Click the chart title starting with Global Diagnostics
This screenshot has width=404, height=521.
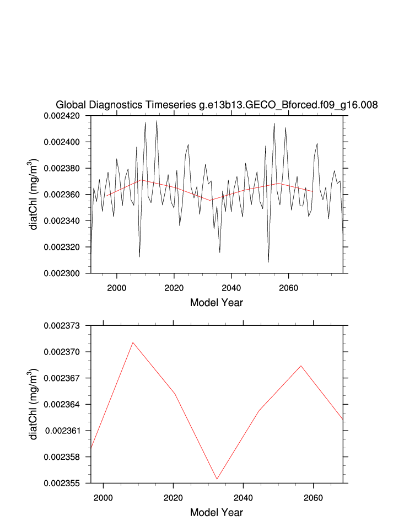tap(217, 105)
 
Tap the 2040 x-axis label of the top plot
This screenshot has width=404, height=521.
tap(230, 286)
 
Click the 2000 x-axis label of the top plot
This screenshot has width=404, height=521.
tap(117, 286)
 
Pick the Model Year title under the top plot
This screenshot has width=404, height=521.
tap(216, 302)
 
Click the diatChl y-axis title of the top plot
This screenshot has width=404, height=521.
tap(34, 194)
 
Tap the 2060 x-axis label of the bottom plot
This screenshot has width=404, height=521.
tap(314, 496)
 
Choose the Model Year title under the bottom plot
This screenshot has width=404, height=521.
tap(216, 512)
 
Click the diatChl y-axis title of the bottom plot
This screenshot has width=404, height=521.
tap(34, 404)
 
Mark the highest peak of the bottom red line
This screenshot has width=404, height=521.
tap(133, 342)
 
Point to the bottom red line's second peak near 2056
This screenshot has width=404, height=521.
tap(301, 366)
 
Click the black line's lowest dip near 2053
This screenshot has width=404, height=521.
tap(268, 262)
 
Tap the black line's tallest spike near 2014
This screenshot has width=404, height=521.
tap(157, 121)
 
